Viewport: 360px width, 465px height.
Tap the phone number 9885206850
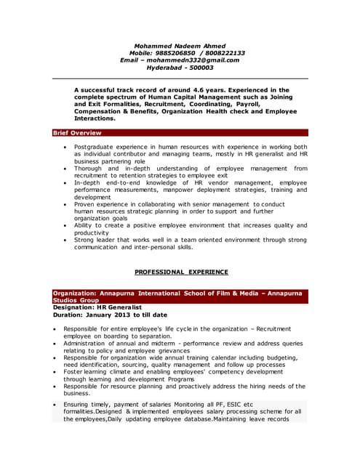[179, 53]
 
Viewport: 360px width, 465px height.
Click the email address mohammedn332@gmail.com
[197, 60]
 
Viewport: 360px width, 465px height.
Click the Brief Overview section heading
[77, 133]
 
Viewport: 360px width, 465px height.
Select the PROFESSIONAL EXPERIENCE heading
[182, 272]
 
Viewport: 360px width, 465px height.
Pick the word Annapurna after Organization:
[119, 293]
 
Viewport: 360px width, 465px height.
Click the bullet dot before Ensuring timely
[55, 404]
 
